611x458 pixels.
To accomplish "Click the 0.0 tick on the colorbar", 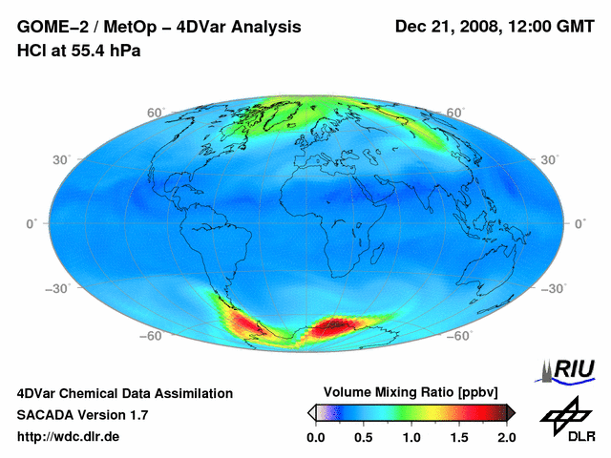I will [x=316, y=437].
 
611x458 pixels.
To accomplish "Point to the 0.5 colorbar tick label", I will [x=364, y=437].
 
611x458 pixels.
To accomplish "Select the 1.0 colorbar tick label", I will [x=411, y=437].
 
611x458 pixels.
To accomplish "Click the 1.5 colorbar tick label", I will [x=459, y=437].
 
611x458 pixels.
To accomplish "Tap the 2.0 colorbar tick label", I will [x=506, y=437].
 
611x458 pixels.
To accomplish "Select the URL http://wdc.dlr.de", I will [x=69, y=437].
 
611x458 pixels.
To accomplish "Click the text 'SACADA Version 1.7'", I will [x=82, y=415].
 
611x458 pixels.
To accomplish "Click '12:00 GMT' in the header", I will [x=552, y=27].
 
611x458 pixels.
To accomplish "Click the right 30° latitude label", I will [x=549, y=159].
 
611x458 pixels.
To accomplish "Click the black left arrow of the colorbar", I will [x=311, y=412].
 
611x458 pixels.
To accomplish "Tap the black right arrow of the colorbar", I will [x=511, y=412].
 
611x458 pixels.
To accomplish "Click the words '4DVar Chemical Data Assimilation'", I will [x=124, y=393].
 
